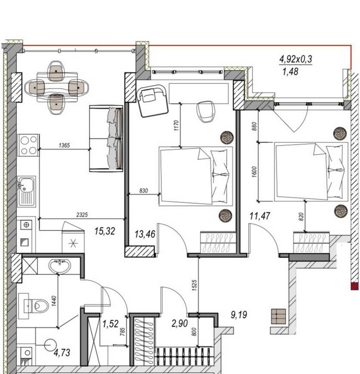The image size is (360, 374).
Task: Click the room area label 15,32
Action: pyautogui.click(x=105, y=231)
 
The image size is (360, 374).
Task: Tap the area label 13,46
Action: pyautogui.click(x=145, y=234)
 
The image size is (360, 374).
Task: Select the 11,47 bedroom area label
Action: pyautogui.click(x=260, y=216)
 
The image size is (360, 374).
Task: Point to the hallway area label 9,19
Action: pyautogui.click(x=239, y=315)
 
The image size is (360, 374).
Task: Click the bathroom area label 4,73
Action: pyautogui.click(x=62, y=352)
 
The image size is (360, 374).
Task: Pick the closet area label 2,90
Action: pyautogui.click(x=180, y=324)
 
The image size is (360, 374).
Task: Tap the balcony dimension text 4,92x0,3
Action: pyautogui.click(x=296, y=59)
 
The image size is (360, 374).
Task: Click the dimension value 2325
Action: pyautogui.click(x=82, y=215)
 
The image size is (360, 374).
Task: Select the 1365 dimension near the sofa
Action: pyautogui.click(x=64, y=145)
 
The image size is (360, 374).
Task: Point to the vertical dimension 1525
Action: pyautogui.click(x=194, y=285)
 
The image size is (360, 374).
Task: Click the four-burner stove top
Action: pyautogui.click(x=28, y=145)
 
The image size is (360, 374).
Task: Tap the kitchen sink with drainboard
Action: pyautogui.click(x=26, y=191)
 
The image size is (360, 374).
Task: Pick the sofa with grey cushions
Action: pyautogui.click(x=106, y=139)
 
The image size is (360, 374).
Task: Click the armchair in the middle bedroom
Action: pyautogui.click(x=152, y=101)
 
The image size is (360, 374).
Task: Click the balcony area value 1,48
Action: pyautogui.click(x=290, y=71)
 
